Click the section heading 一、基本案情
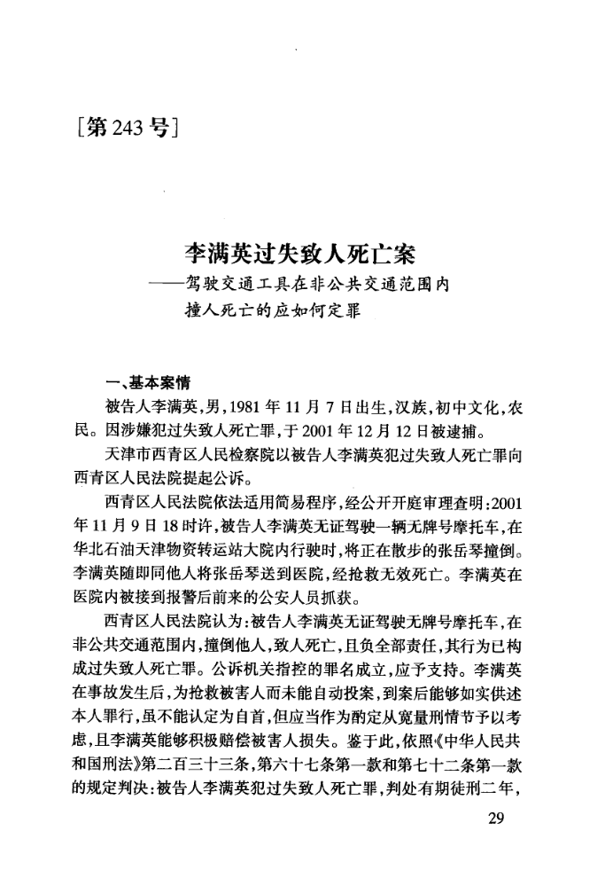click(x=143, y=385)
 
